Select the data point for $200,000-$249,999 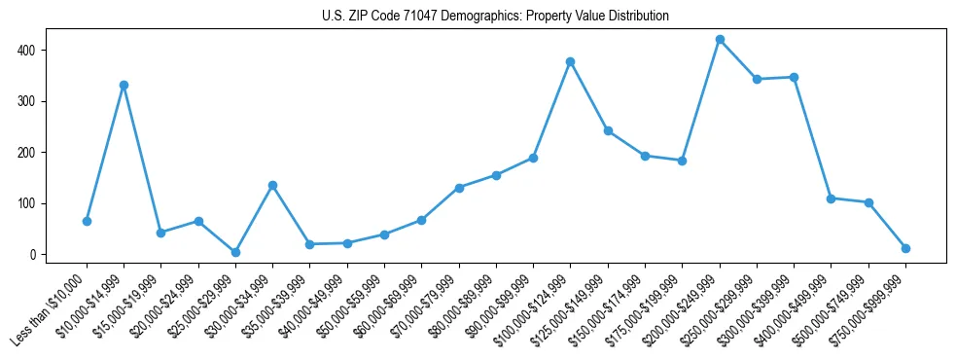720,40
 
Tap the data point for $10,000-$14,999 124,85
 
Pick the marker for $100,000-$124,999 571,61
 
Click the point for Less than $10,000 87,221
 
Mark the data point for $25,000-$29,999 235,252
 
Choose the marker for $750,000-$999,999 905,248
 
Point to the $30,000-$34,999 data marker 272,185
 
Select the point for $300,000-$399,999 795,77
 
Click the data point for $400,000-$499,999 832,198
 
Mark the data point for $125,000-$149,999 608,130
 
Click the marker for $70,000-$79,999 459,188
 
